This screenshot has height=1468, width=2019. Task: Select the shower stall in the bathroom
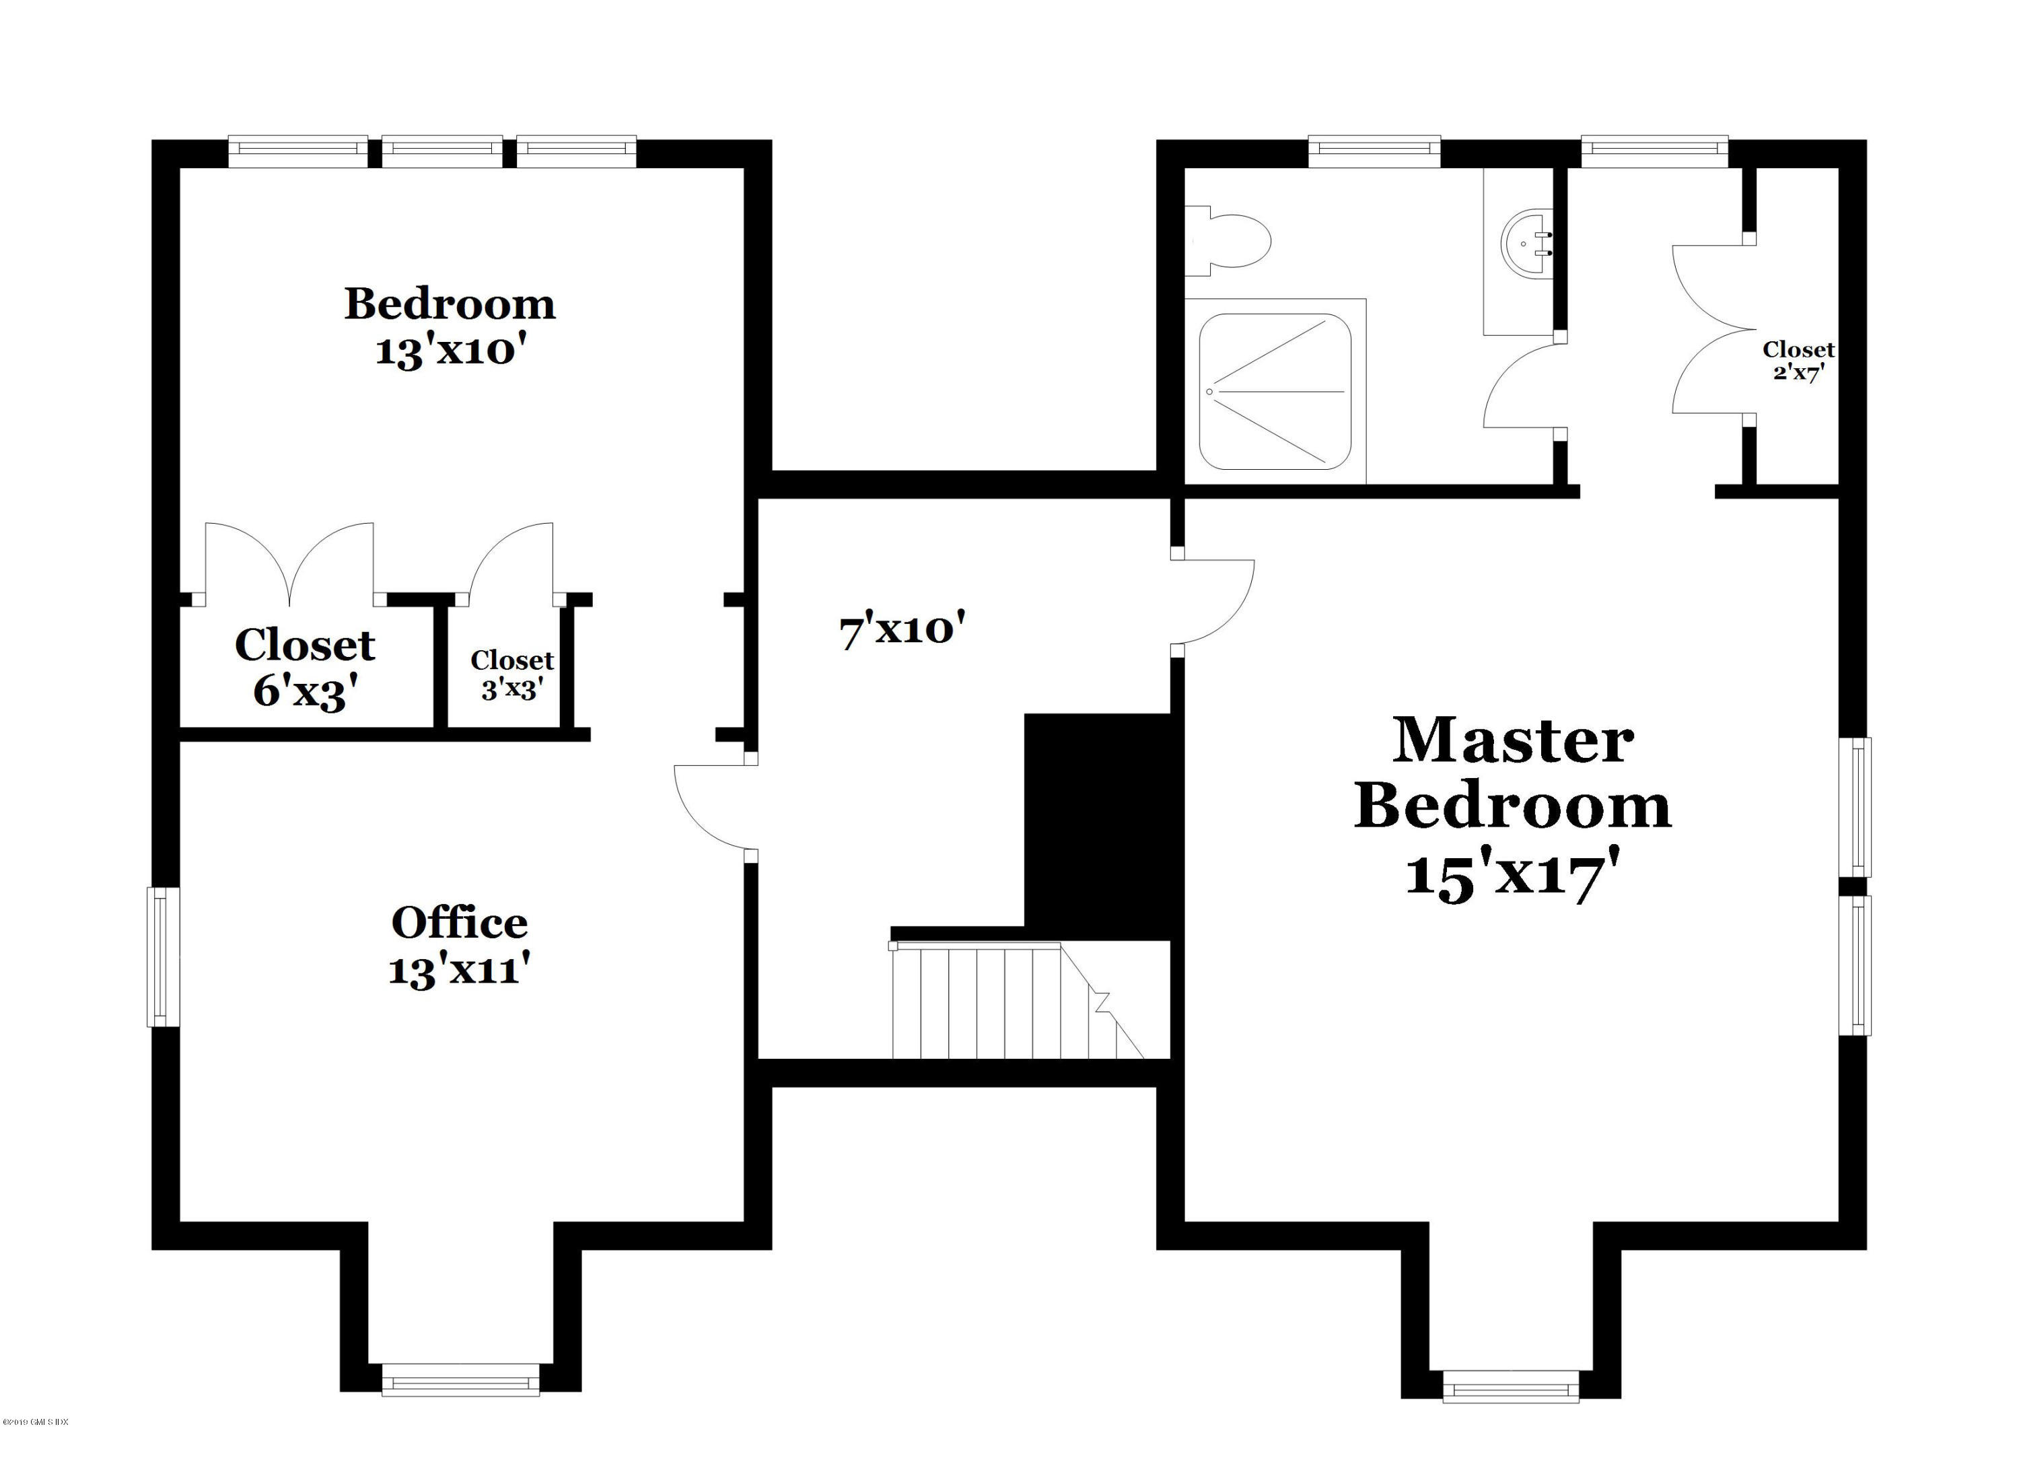point(1274,392)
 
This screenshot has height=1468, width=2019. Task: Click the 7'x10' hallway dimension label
point(902,630)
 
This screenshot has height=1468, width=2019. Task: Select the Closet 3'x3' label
point(512,674)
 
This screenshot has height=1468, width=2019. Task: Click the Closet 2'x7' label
point(1798,361)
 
